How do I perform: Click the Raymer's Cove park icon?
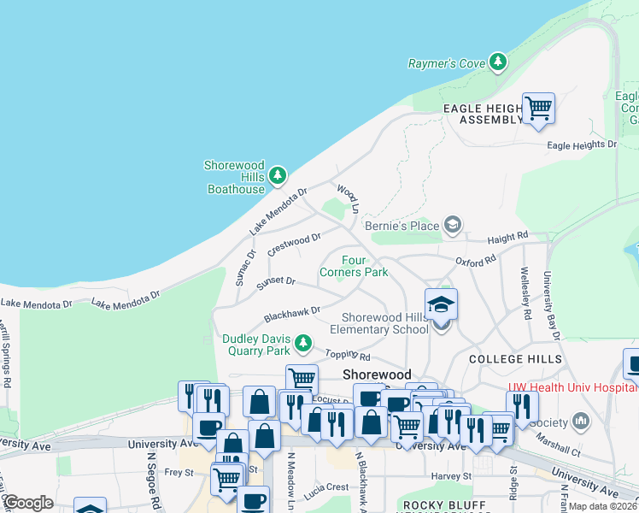497,62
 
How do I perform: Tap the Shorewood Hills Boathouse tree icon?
277,176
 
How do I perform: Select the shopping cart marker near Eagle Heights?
538,109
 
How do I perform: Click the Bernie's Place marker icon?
452,226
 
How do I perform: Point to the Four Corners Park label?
354,266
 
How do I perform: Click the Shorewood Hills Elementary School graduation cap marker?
441,305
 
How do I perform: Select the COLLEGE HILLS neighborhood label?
515,359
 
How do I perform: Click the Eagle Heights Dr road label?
582,145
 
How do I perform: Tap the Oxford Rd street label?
475,260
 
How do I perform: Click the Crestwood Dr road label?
294,245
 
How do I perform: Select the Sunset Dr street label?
277,280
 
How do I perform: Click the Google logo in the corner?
28,503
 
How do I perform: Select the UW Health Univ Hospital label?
572,386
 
